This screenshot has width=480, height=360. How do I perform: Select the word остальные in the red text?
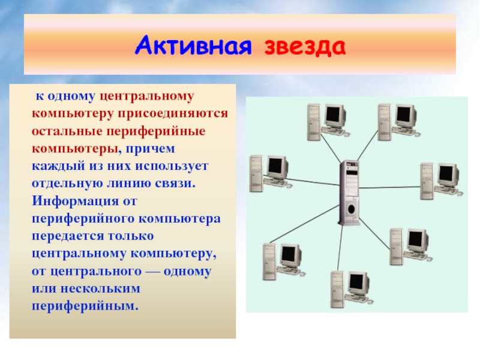pyautogui.click(x=64, y=130)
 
